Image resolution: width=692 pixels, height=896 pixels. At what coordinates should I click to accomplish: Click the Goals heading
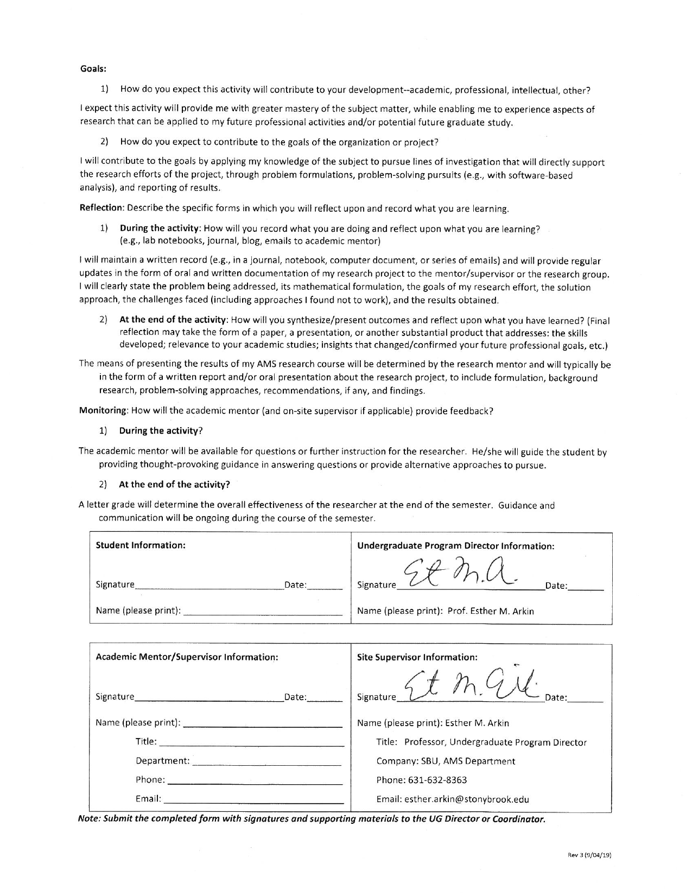pyautogui.click(x=93, y=69)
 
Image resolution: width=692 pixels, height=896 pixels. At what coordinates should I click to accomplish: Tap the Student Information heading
pyautogui.click(x=141, y=545)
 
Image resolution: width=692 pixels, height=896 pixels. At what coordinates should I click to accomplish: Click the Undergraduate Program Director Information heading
pyautogui.click(x=455, y=546)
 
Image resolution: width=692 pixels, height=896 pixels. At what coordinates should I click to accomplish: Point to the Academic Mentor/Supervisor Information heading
pyautogui.click(x=187, y=657)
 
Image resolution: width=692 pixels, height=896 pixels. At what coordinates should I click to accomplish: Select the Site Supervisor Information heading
pyautogui.click(x=417, y=657)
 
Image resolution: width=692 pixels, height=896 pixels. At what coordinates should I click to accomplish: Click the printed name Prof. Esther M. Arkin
pyautogui.click(x=491, y=611)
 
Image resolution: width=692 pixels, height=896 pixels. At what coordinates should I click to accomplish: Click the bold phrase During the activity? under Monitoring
pyautogui.click(x=161, y=431)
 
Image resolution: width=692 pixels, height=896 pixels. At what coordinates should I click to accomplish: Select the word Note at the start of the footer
pyautogui.click(x=89, y=819)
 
